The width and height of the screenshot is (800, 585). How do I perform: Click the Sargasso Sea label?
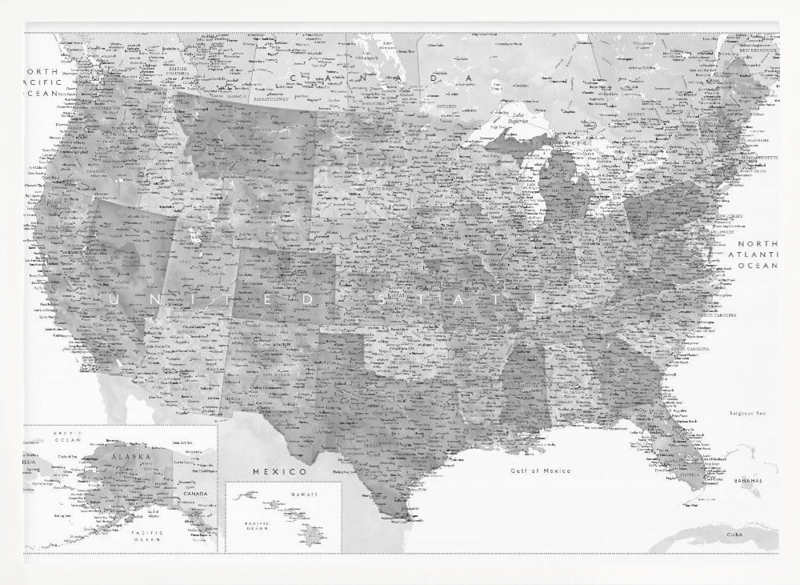click(x=748, y=413)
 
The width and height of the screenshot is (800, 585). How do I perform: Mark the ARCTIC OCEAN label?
click(x=68, y=436)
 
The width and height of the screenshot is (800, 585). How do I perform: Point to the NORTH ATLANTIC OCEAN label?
click(x=757, y=254)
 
